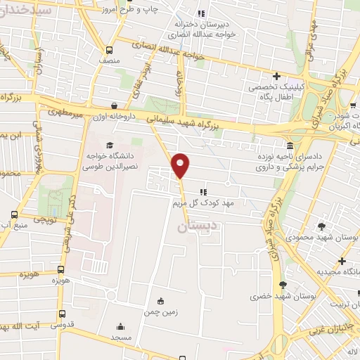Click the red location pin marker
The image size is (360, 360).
(x=181, y=166)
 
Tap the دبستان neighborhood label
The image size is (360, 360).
(x=193, y=226)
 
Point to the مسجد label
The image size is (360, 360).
(x=121, y=337)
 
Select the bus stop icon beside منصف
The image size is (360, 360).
(x=108, y=50)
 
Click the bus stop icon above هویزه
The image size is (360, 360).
(x=62, y=269)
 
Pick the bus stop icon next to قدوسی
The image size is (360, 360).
(x=62, y=314)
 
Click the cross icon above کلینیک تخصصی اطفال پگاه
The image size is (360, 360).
(x=277, y=76)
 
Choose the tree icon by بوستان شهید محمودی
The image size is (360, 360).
(x=322, y=226)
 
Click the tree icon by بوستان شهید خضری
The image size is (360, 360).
(x=283, y=285)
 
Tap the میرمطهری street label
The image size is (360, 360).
(x=65, y=111)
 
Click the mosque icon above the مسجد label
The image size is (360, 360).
(x=121, y=326)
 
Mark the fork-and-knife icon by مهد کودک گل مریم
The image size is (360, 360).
(x=203, y=191)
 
